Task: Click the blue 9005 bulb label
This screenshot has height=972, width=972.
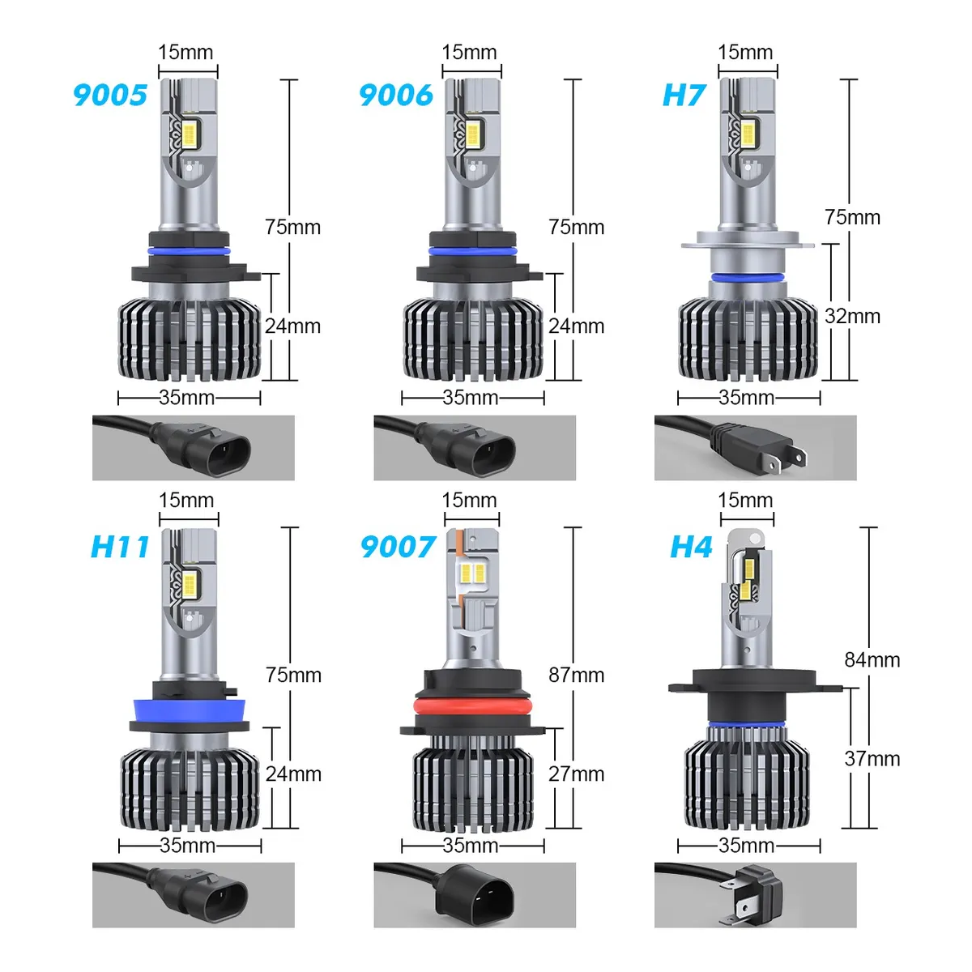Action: (x=110, y=95)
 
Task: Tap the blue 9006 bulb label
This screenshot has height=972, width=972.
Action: (x=396, y=95)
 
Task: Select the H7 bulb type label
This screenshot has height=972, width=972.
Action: (x=684, y=95)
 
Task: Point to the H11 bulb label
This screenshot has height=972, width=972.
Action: (x=120, y=547)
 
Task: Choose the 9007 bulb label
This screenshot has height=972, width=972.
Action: (x=398, y=547)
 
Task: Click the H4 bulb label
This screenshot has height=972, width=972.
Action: (x=691, y=547)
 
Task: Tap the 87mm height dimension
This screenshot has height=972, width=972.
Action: (x=576, y=675)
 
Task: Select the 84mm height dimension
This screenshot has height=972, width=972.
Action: (x=872, y=659)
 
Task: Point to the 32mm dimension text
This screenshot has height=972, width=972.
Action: (x=852, y=316)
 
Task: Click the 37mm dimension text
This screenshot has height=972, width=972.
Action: (x=872, y=759)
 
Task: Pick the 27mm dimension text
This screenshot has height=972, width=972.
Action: (x=576, y=774)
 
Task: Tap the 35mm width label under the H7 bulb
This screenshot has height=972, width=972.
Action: (x=746, y=398)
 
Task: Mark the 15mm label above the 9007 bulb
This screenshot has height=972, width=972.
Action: (x=469, y=500)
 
